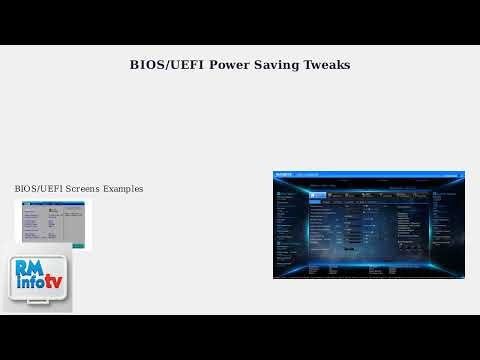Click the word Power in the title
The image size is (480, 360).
[x=229, y=66]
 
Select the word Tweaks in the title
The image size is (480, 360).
[x=327, y=66]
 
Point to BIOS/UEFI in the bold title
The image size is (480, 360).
[x=167, y=66]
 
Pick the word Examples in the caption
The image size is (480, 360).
[x=125, y=188]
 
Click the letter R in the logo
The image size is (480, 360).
[x=24, y=268]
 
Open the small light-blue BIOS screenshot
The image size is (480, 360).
[x=52, y=223]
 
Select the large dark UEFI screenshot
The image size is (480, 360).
[x=369, y=224]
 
